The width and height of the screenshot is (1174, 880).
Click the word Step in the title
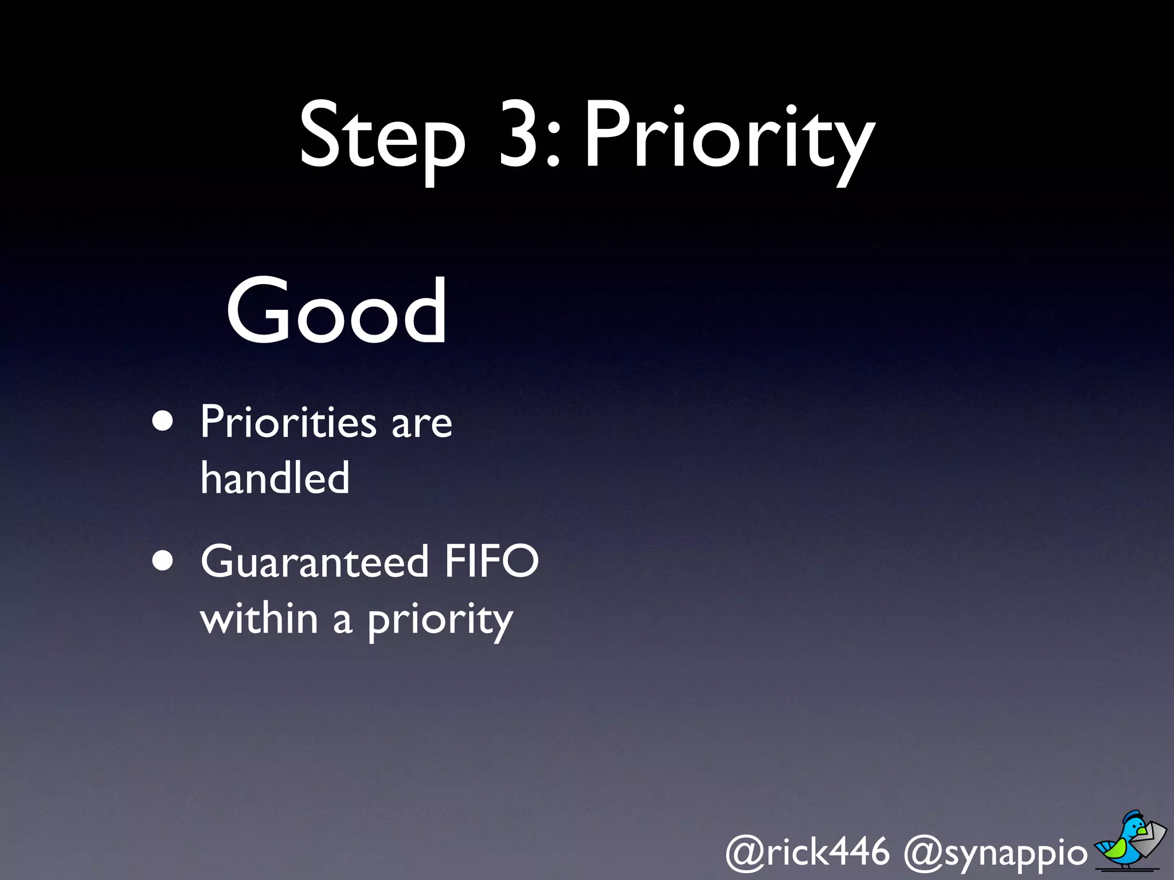click(382, 137)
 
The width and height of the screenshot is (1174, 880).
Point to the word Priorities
click(288, 422)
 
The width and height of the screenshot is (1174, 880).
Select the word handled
click(275, 478)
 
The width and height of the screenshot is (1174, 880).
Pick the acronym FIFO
click(491, 561)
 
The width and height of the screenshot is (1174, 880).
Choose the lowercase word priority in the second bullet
click(440, 622)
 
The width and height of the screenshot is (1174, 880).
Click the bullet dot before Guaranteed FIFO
click(163, 561)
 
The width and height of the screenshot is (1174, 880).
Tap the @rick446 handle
click(808, 851)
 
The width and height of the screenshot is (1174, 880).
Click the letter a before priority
click(342, 621)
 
